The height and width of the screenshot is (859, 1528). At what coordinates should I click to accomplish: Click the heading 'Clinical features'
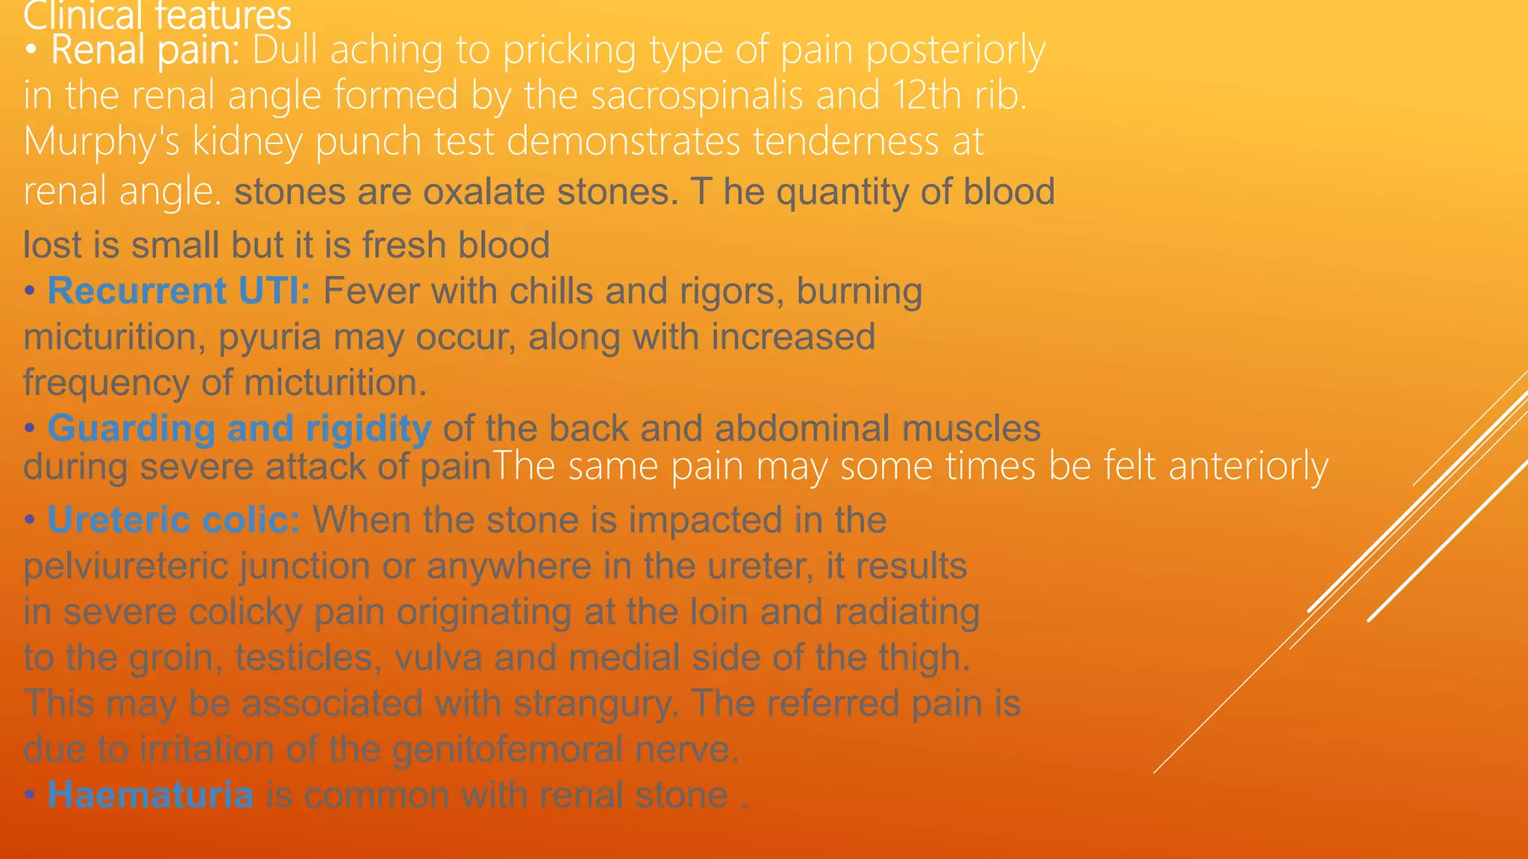click(157, 15)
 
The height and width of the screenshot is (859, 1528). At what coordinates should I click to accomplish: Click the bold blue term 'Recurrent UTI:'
click(179, 291)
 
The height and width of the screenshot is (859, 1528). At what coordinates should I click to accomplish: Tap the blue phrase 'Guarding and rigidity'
click(239, 429)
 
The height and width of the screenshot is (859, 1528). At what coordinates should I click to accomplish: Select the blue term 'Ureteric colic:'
click(174, 520)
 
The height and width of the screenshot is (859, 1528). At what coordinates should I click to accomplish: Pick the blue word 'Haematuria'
click(151, 795)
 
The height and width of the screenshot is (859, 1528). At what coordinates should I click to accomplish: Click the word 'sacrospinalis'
click(697, 96)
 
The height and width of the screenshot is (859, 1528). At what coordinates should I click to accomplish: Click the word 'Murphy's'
click(101, 142)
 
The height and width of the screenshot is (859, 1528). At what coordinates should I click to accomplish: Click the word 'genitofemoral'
click(507, 749)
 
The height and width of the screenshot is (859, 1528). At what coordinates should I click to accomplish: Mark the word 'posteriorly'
click(955, 51)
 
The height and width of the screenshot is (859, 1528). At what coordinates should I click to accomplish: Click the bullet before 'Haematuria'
click(30, 795)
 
